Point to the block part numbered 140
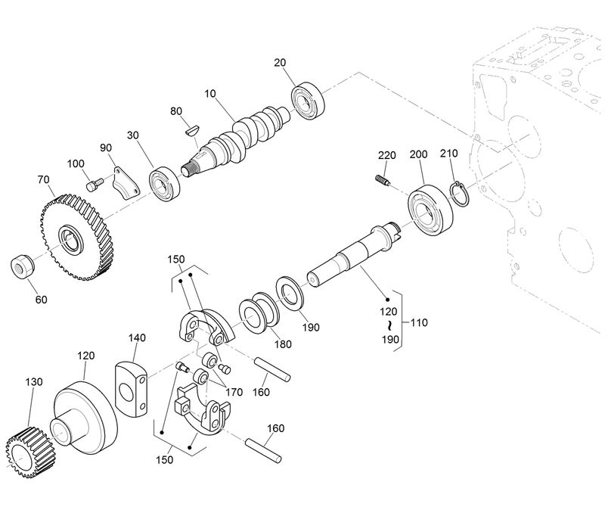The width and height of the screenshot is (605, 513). click(x=131, y=387)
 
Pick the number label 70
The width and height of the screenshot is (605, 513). click(x=44, y=180)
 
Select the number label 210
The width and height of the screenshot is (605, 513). click(x=449, y=154)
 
